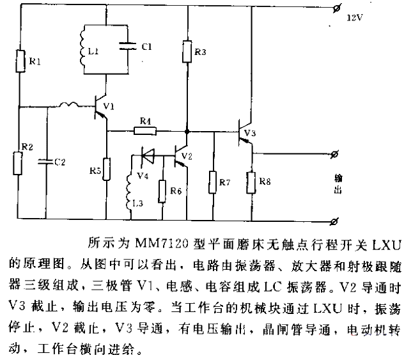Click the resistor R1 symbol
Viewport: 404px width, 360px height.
pos(20,61)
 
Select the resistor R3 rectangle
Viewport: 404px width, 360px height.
pos(187,52)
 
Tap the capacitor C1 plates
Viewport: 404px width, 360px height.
pos(128,46)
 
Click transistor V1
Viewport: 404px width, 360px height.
pos(100,107)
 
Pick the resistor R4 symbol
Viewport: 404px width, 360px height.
pos(145,131)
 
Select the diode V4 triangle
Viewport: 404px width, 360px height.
pos(148,155)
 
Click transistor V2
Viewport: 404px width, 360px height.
pos(181,155)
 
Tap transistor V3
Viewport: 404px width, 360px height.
pos(245,133)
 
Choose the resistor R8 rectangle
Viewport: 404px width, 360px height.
pos(251,182)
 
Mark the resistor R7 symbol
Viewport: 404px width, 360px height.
pos(213,182)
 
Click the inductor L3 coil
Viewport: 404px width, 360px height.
pos(128,191)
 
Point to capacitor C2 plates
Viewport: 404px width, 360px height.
pos(46,162)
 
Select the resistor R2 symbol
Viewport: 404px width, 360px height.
pos(18,164)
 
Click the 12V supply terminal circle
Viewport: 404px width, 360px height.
pos(337,8)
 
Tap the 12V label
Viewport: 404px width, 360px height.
pos(355,18)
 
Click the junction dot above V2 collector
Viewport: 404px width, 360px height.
pos(187,132)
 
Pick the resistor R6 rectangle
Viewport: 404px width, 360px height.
pos(162,191)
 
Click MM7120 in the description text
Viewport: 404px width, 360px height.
pos(162,244)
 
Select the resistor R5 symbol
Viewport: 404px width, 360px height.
pos(106,169)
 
